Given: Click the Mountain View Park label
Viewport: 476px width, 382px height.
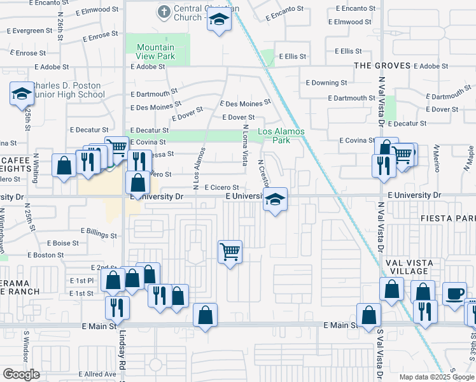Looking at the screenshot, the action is point(155,52).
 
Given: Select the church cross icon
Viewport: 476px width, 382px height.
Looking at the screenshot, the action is point(164,11).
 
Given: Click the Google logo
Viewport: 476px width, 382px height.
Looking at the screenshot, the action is point(21,374).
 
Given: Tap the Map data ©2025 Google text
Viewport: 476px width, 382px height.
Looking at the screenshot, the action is point(436,377).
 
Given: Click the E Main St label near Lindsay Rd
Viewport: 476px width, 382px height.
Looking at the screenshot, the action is point(99,325).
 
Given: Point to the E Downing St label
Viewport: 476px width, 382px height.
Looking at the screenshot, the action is point(326,82).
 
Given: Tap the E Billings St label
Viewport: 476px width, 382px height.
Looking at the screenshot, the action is point(99,232).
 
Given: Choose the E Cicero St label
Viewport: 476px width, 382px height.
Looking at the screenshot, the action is point(221,187).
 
